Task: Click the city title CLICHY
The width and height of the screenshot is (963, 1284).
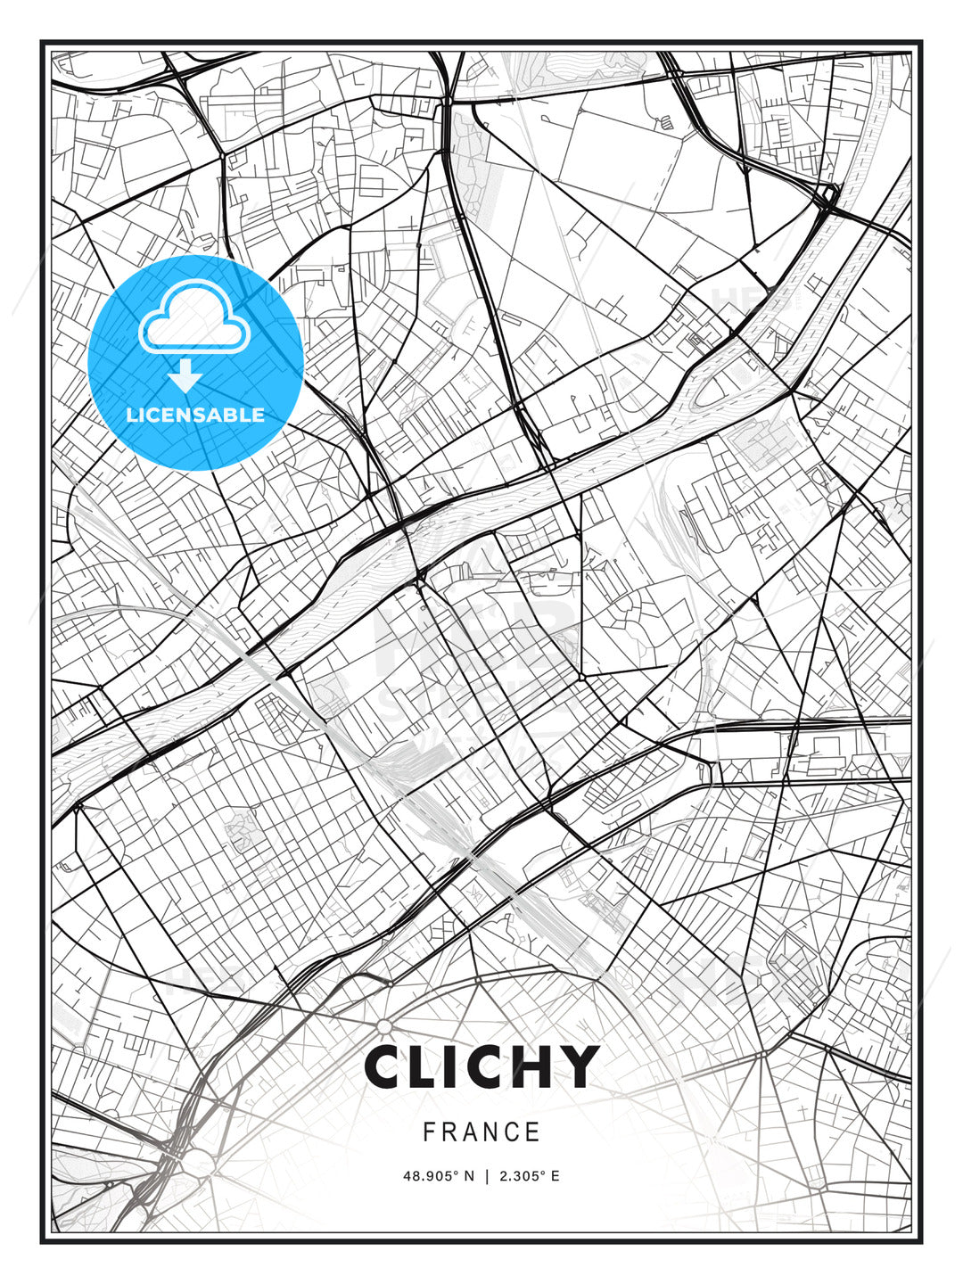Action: coord(481,1066)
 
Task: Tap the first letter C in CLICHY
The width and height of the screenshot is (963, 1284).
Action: coord(386,1066)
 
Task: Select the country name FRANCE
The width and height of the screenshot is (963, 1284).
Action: coord(481,1132)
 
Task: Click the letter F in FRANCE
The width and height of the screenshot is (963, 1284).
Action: coord(429,1132)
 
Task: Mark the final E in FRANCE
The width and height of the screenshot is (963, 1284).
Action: coord(533,1132)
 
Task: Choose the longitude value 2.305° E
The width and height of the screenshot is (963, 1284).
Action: coord(530,1176)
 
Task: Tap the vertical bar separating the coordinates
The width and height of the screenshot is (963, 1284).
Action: coord(487,1176)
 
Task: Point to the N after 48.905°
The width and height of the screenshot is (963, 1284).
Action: coord(470,1176)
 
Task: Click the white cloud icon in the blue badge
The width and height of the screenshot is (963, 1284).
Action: coord(193,318)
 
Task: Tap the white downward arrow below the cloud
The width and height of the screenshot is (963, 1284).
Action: coord(185,377)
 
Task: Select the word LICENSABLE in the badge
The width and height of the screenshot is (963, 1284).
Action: coord(195,415)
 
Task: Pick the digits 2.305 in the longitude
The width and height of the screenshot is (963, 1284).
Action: coord(518,1176)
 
